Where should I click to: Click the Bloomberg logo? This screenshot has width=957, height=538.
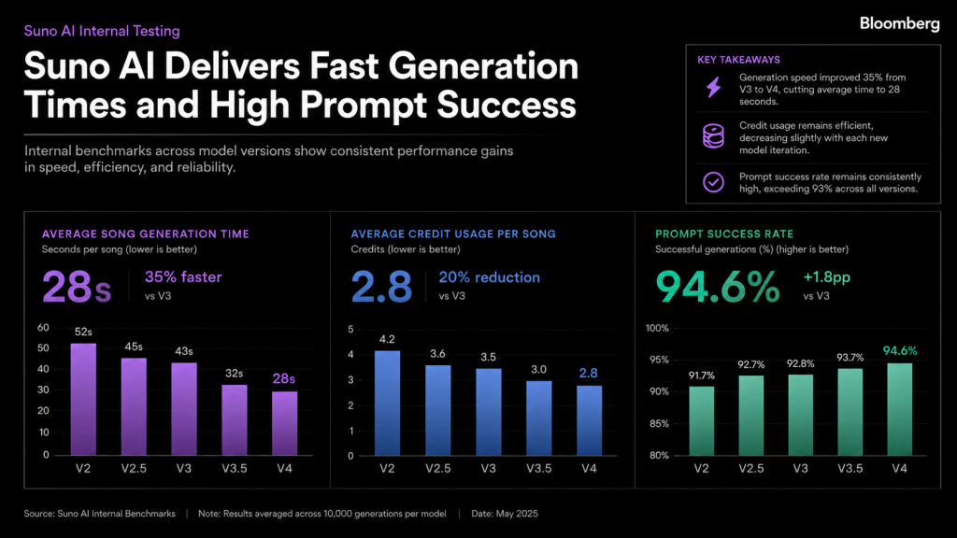(x=900, y=23)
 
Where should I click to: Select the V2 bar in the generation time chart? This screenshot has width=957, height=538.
(x=83, y=399)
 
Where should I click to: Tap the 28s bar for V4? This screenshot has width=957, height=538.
(x=284, y=423)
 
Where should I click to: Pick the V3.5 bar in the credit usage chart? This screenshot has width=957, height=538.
(x=539, y=418)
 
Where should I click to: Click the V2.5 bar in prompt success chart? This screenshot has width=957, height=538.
(x=750, y=416)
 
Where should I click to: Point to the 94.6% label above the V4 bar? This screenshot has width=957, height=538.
(x=900, y=351)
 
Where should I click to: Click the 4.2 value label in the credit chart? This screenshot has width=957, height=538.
(x=387, y=339)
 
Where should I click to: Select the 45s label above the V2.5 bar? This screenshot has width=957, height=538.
(x=134, y=347)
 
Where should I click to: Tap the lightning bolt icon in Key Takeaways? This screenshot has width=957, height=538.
(x=713, y=87)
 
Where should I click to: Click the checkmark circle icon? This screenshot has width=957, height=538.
(x=713, y=182)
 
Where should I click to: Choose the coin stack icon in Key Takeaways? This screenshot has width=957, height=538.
(x=713, y=136)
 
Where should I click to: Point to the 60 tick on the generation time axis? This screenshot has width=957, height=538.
(x=43, y=328)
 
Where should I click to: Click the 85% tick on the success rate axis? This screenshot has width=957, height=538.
(x=659, y=423)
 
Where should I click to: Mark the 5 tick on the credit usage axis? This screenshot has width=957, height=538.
(x=350, y=330)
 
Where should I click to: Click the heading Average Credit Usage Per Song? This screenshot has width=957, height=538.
(x=453, y=234)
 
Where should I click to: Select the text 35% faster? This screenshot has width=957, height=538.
(x=183, y=276)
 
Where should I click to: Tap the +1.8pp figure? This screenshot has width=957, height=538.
(x=826, y=277)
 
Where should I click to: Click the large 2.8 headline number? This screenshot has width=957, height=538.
(x=382, y=287)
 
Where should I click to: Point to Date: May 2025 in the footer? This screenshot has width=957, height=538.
(x=505, y=514)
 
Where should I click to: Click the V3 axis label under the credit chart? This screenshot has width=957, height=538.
(x=488, y=469)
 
